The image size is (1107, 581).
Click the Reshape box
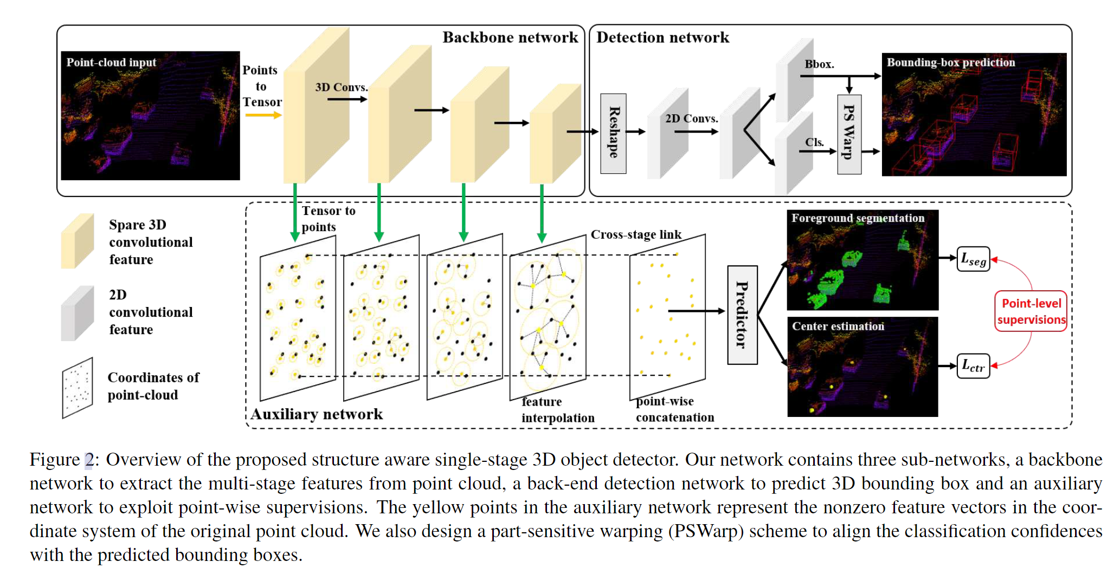(613, 133)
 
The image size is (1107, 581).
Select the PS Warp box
(849, 134)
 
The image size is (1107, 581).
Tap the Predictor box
(742, 315)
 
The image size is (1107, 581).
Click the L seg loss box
(973, 259)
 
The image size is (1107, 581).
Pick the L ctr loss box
(973, 366)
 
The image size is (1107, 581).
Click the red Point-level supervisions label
(1031, 311)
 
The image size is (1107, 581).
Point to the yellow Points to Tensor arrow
(263, 115)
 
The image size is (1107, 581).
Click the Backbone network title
(510, 37)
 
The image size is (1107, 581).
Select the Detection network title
(662, 37)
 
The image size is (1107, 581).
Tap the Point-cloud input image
(150, 116)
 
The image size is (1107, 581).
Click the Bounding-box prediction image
(974, 115)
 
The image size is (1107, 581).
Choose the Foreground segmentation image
(863, 260)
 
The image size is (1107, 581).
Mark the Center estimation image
(863, 367)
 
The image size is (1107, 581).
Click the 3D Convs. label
(342, 87)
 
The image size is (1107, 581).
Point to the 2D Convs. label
(691, 119)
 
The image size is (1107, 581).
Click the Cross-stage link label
(635, 234)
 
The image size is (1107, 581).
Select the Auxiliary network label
(317, 414)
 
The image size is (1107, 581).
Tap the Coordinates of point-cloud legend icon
(78, 388)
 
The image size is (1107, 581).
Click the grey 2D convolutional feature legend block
(77, 314)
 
